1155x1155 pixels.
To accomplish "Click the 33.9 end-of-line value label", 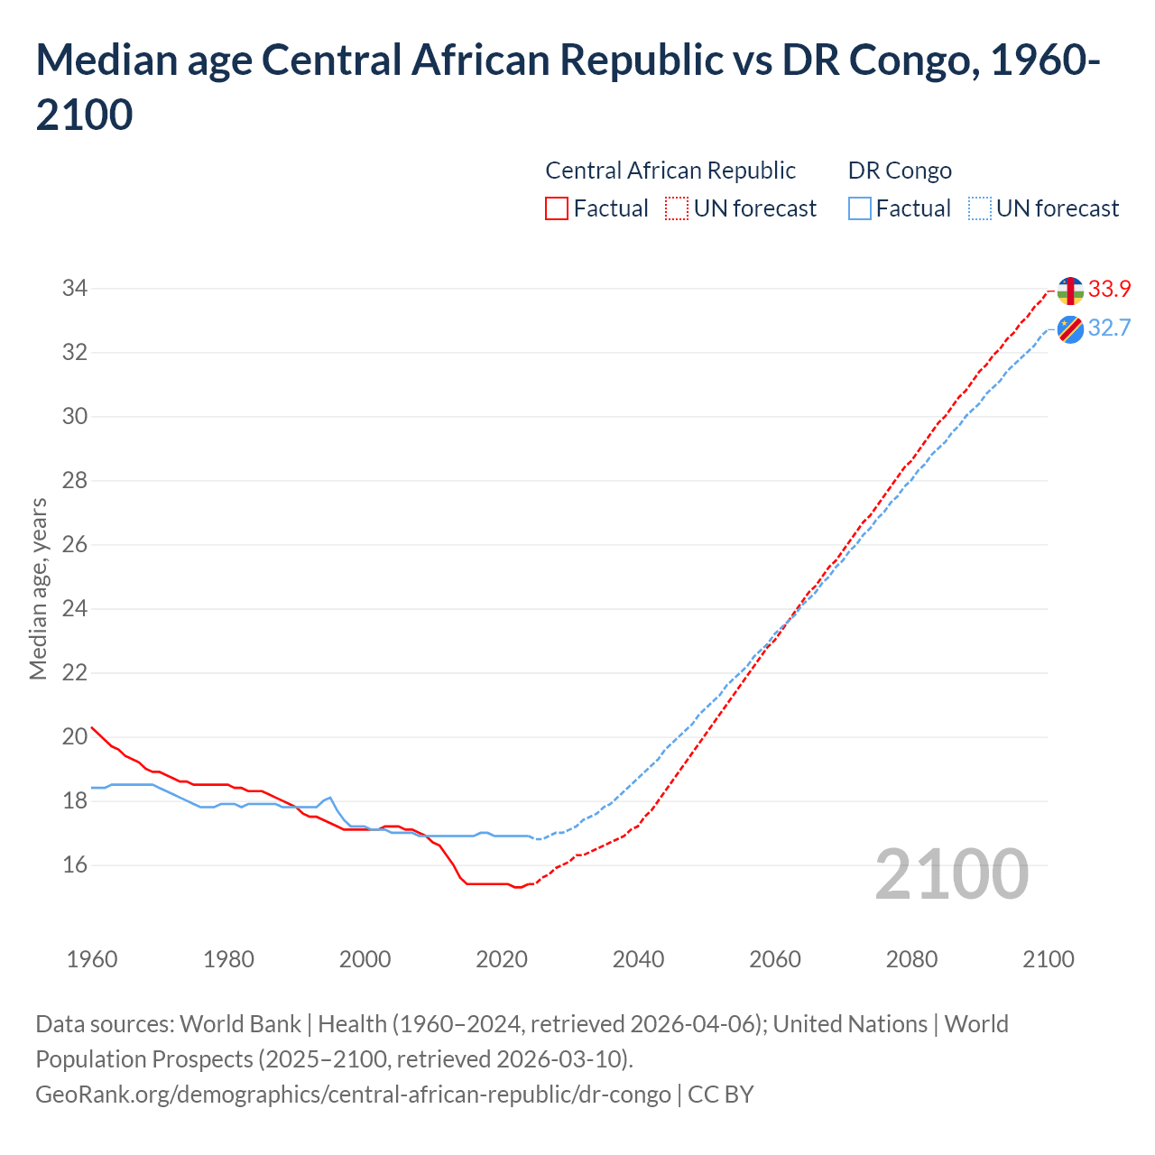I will tap(1109, 289).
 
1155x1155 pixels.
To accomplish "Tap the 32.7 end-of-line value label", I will tap(1109, 328).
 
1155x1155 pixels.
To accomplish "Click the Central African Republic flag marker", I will tap(1070, 291).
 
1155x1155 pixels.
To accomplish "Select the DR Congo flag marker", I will tap(1070, 329).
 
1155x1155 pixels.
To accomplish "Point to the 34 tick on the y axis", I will tap(74, 289).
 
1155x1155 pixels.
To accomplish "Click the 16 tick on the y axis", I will tap(74, 864).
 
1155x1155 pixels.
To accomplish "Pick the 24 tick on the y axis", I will tap(74, 608).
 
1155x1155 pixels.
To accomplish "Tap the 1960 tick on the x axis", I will tap(92, 959).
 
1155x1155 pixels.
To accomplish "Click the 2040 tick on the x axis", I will tap(638, 959).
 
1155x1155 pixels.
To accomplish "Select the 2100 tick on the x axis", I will tap(1048, 959).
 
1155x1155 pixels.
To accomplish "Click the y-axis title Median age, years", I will tap(38, 587).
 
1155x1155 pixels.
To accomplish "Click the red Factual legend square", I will tap(557, 208).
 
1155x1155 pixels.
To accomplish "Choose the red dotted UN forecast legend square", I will tap(677, 208).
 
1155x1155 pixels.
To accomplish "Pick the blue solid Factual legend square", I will tap(860, 208).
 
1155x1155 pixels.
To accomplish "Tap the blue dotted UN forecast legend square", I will tap(980, 208).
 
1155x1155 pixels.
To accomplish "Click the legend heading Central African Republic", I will tap(670, 171).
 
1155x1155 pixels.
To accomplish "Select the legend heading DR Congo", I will tap(900, 171).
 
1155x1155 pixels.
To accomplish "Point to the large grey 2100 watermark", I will tap(951, 873).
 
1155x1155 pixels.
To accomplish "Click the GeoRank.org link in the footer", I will tap(353, 1094).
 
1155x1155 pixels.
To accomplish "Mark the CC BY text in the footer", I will tap(720, 1094).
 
